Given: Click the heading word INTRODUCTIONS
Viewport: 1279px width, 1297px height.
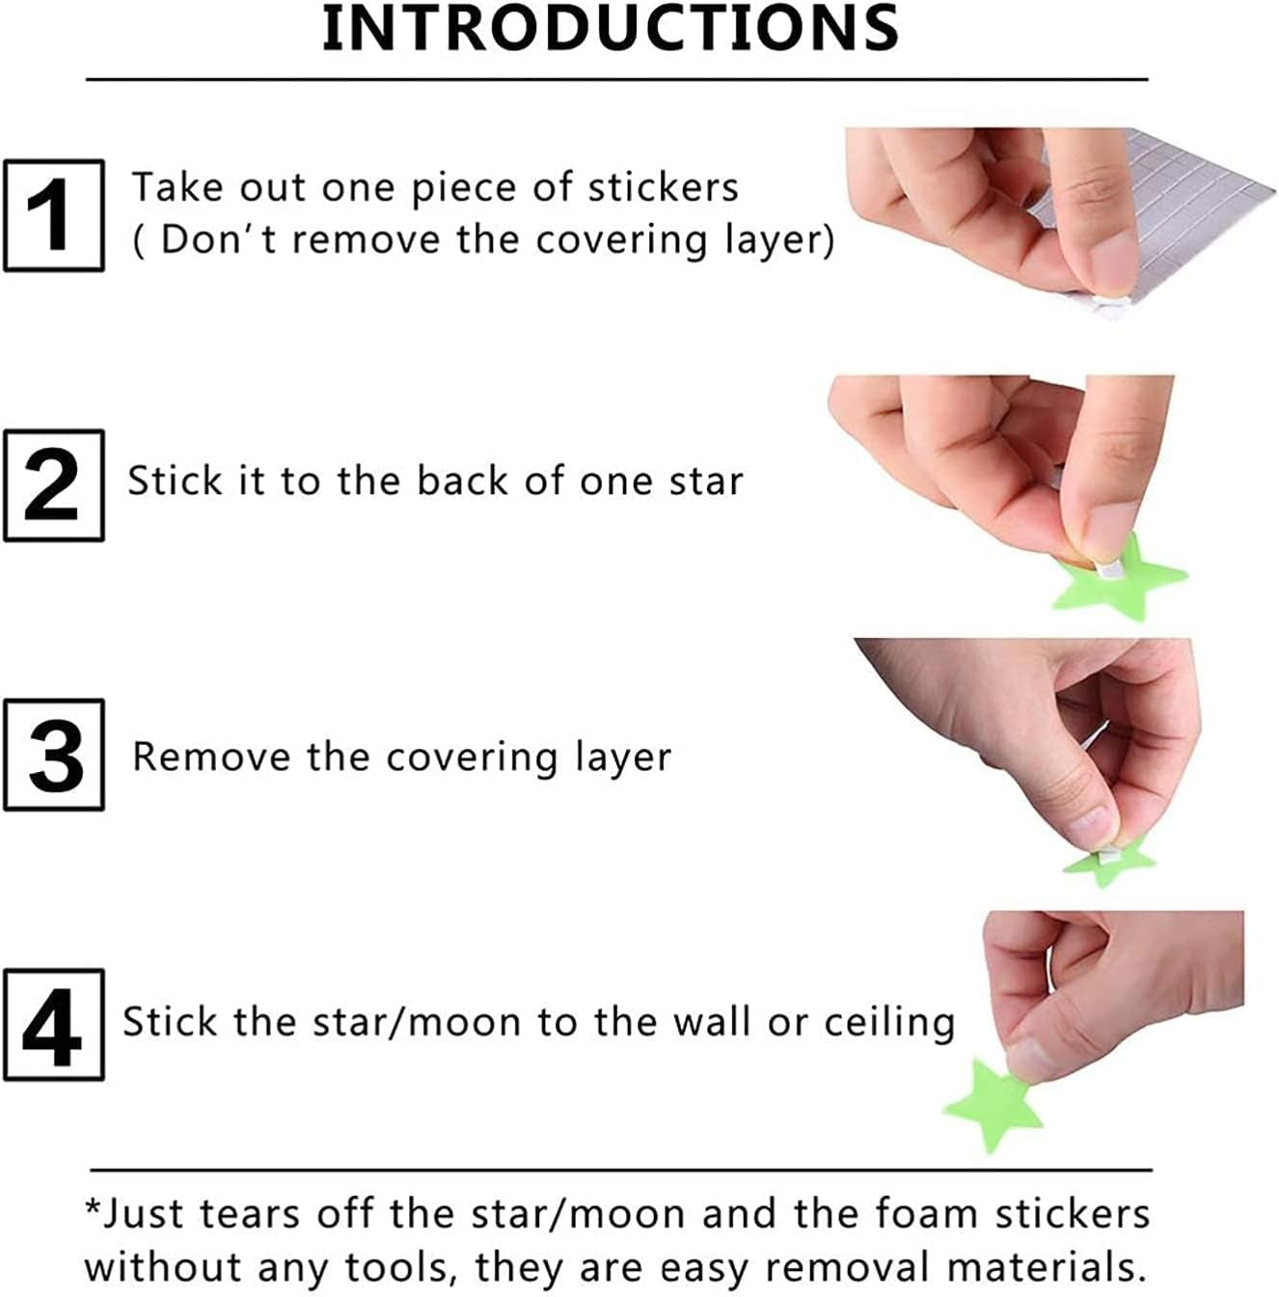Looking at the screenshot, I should coord(610,29).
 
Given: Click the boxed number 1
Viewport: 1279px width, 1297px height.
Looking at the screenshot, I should coord(54,215).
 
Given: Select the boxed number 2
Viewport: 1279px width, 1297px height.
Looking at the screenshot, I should coord(54,485).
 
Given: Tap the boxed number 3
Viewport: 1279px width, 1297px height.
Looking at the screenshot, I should coord(54,755).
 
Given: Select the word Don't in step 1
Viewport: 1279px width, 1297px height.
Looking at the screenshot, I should coord(218,240).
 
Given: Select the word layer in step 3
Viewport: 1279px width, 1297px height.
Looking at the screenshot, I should coord(622,759).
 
